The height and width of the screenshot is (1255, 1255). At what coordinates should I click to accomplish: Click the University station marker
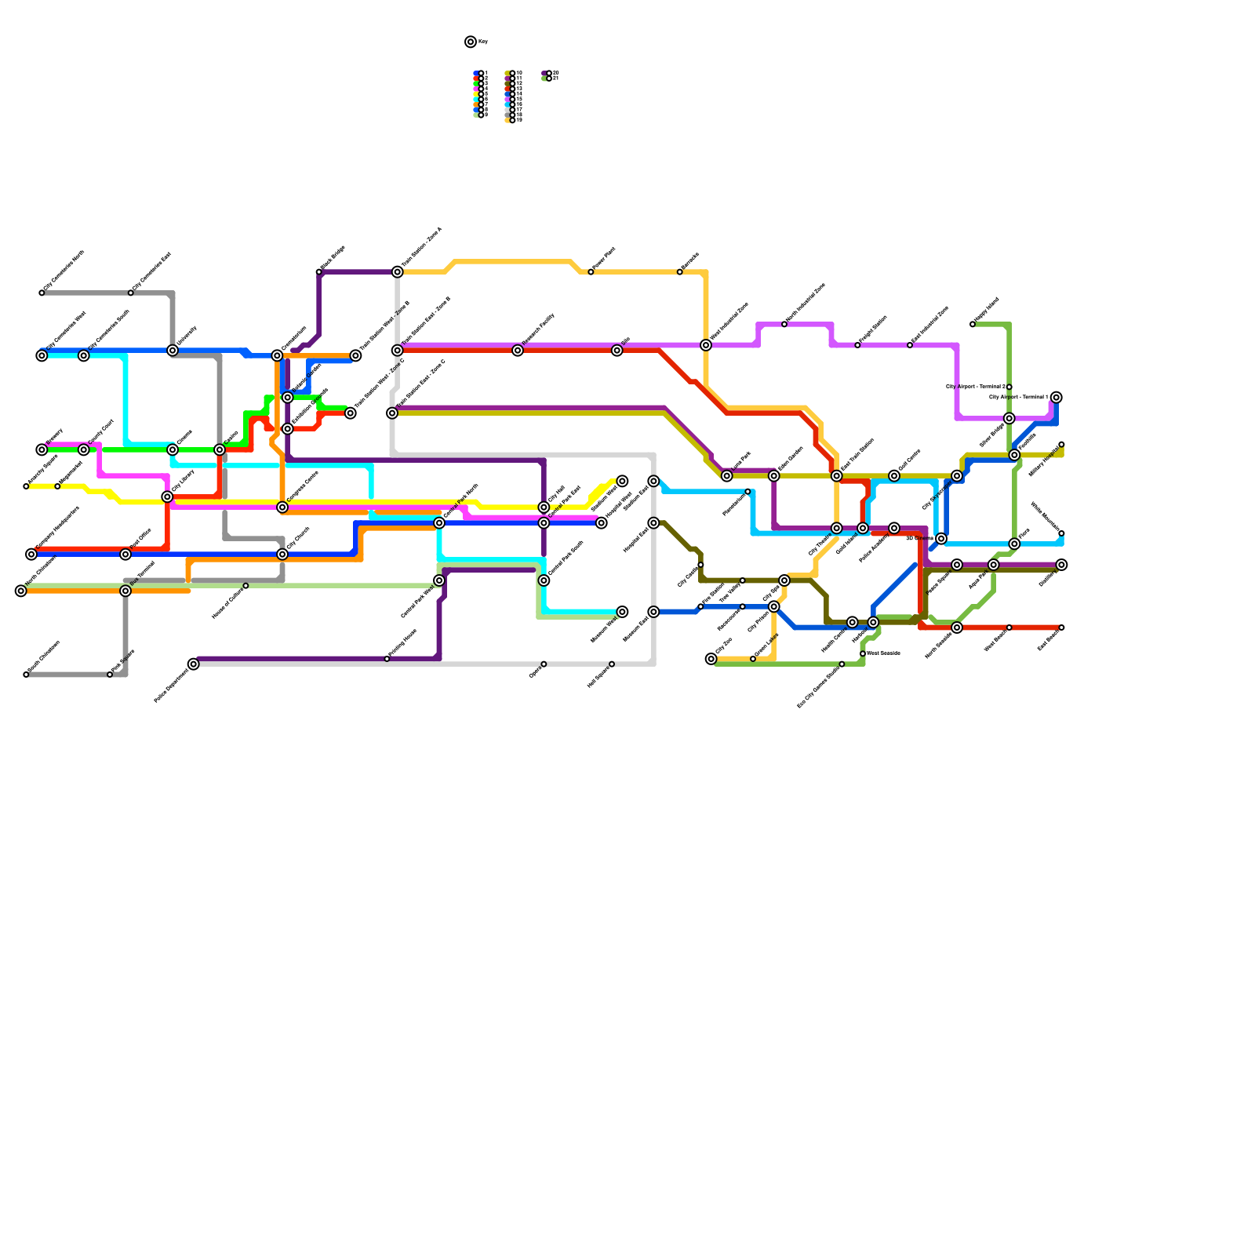coord(173,351)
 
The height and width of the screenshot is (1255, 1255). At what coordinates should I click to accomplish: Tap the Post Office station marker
coord(125,555)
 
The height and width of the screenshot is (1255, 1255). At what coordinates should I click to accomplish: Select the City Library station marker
coord(167,497)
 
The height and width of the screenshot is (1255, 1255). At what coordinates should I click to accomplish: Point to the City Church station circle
coord(282,555)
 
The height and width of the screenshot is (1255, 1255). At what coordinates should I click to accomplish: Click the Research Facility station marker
coord(518,351)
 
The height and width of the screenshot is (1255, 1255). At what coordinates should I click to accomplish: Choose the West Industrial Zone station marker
coord(706,345)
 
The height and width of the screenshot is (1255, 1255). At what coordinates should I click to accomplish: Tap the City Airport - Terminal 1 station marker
coord(1057,398)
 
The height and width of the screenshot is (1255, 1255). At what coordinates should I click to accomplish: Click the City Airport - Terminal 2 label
coord(975,387)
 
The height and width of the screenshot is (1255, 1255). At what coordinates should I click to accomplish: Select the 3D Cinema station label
coord(919,539)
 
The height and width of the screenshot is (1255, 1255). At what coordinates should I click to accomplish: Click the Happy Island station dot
coord(973,324)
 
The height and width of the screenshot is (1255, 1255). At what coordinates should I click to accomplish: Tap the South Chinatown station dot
coord(26,675)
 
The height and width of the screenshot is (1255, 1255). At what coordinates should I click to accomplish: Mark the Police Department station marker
coord(194,664)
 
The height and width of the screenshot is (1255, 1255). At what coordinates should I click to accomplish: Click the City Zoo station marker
coord(711,659)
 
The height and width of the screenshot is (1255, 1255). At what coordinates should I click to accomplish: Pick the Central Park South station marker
coord(544,580)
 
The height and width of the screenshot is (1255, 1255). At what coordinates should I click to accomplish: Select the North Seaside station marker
coord(957,627)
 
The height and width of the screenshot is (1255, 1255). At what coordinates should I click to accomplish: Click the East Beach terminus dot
coord(1061,627)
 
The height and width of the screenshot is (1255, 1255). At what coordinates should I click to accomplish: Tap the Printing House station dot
coord(387,659)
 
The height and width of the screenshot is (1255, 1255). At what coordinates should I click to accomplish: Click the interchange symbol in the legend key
coord(471,42)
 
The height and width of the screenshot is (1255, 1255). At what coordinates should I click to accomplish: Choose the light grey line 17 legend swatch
coord(507,111)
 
